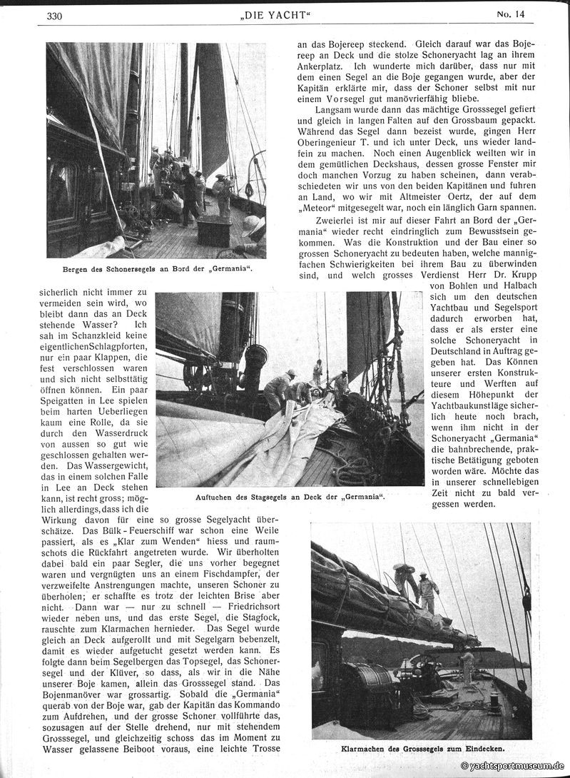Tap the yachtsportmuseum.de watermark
[512, 765]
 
